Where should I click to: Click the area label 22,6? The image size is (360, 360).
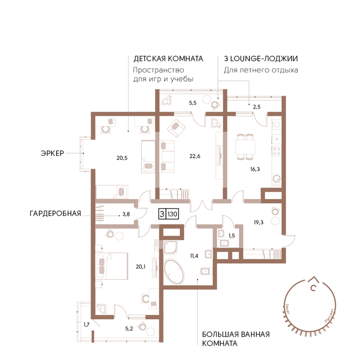pos(195,156)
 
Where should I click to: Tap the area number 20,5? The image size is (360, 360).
pos(122,158)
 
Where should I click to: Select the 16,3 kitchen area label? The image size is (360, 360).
pos(255,169)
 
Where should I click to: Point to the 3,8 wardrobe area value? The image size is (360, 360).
pos(126,214)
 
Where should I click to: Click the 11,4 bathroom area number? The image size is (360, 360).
pos(194,256)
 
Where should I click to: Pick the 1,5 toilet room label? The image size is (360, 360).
pos(231,236)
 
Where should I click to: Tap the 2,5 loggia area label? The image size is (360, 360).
pos(257,107)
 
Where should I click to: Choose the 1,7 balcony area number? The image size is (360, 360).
pos(86,325)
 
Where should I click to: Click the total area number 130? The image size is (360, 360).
pos(172,214)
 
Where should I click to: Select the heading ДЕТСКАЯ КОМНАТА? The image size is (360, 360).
pos(168,59)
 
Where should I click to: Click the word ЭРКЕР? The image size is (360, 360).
pos(52,153)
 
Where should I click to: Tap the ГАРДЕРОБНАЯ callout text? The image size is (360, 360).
pos(56,213)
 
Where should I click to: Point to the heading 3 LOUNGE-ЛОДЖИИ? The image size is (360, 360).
pos(261,59)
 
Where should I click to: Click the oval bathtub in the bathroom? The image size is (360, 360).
pos(174,272)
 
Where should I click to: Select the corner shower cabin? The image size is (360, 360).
pos(170,247)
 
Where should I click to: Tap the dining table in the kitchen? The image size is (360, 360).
pos(245,147)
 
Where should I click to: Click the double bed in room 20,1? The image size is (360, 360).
pos(112,266)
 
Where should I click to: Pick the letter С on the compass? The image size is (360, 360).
pos(313,287)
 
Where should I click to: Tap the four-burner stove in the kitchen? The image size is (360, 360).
pos(277,151)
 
